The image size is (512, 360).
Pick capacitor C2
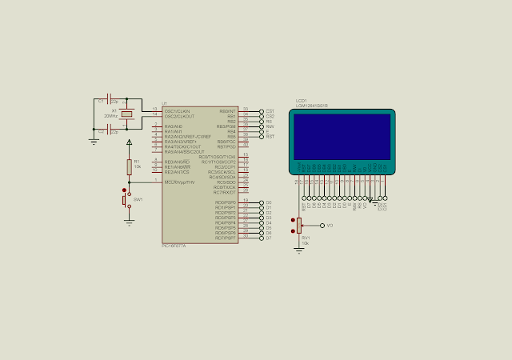click(x=111, y=130)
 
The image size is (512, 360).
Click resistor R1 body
click(x=130, y=166)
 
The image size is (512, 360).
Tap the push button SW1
click(x=126, y=198)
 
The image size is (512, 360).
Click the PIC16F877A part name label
click(x=174, y=246)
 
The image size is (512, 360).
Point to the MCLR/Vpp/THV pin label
click(x=179, y=182)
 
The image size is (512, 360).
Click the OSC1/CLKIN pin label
click(x=177, y=110)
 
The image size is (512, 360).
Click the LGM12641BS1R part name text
click(x=311, y=106)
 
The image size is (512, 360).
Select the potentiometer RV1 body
click(x=299, y=228)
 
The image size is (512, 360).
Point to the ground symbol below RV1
click(x=298, y=250)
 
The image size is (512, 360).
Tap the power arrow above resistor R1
click(x=130, y=142)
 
